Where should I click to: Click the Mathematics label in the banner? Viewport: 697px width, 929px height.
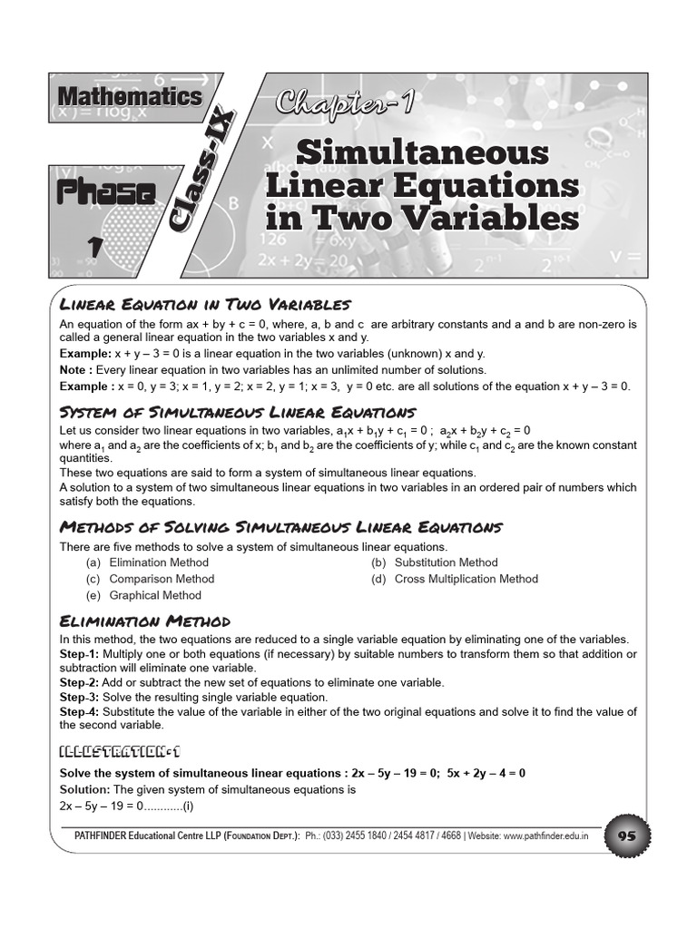click(130, 96)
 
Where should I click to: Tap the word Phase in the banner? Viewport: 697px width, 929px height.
click(105, 192)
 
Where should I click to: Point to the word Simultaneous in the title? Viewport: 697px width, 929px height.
click(422, 152)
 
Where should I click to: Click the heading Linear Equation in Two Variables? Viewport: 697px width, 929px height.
click(204, 304)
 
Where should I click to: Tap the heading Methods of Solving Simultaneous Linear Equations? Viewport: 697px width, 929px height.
click(280, 527)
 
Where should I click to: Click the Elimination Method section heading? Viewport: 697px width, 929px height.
click(144, 621)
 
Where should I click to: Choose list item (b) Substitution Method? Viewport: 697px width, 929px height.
click(434, 562)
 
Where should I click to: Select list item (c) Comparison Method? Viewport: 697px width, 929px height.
click(151, 579)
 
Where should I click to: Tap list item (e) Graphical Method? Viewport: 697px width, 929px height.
click(143, 595)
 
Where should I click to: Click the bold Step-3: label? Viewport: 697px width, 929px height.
click(79, 698)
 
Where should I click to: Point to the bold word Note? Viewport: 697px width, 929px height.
click(76, 370)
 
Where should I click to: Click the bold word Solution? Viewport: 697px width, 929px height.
click(87, 790)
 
